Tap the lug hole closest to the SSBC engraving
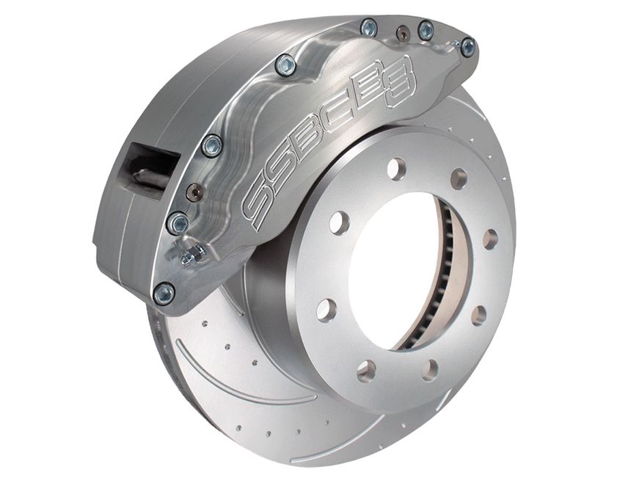coord(340,222)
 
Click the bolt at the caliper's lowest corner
coord(164,294)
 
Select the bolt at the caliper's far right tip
coord(467,48)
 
